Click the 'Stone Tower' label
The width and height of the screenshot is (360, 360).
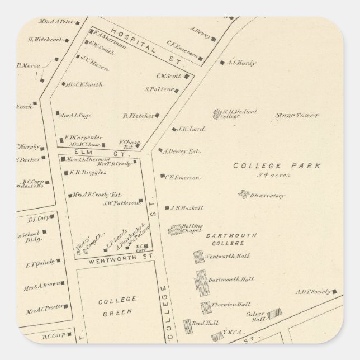296,116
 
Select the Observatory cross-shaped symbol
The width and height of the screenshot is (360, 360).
243,195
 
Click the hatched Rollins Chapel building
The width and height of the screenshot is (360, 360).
176,229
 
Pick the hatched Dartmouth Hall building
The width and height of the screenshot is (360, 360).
201,282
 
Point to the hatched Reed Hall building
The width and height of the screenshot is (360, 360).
188,326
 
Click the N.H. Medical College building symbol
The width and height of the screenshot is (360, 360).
217,114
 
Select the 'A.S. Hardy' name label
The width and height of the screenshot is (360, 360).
242,63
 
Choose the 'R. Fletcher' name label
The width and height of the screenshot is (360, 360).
138,116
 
